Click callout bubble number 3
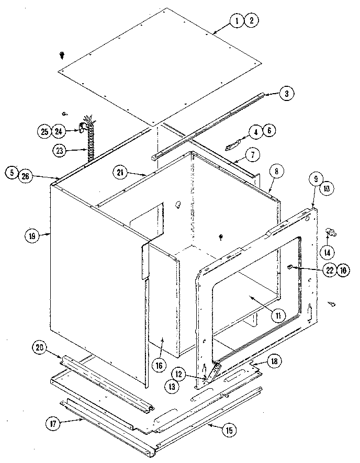286,94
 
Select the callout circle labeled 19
32,236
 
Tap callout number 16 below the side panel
157,365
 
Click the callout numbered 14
328,252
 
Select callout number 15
229,431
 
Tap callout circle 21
120,172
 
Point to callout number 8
277,171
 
